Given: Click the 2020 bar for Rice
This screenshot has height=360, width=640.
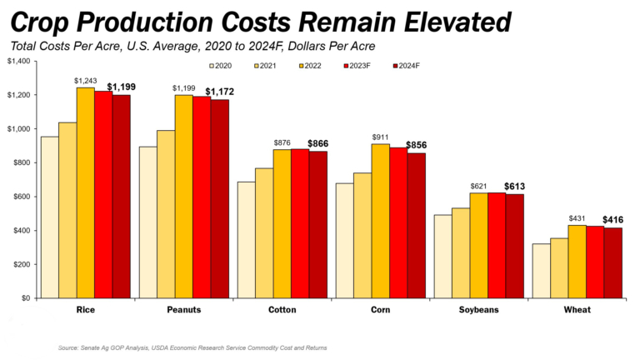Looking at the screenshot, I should tap(50, 217).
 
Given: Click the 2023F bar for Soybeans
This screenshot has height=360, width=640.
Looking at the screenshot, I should tap(497, 245).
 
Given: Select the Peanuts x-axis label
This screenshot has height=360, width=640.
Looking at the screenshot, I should tap(182, 311).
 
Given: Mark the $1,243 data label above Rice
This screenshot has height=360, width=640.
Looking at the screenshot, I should tap(86, 81).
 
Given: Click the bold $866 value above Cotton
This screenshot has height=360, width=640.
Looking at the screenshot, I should tap(318, 144).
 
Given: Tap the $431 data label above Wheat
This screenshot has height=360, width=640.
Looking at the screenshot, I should tap(577, 218).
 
